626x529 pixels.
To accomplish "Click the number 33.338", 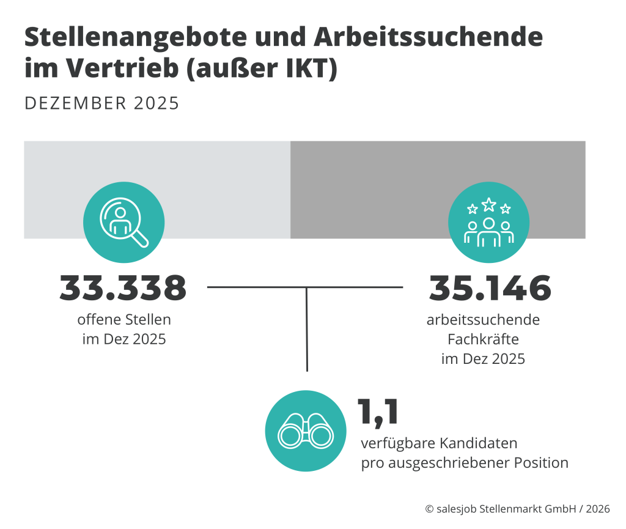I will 123,288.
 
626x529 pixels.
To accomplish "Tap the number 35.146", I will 490,288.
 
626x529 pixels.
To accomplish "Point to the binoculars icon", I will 305,431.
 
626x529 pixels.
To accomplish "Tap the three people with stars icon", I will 488,222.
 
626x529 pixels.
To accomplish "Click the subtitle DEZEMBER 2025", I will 102,103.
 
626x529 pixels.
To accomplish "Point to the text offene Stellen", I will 124,319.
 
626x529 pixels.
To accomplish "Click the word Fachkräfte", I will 483,339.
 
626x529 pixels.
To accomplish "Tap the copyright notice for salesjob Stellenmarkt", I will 517,509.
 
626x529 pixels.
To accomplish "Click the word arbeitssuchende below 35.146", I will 483,320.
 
